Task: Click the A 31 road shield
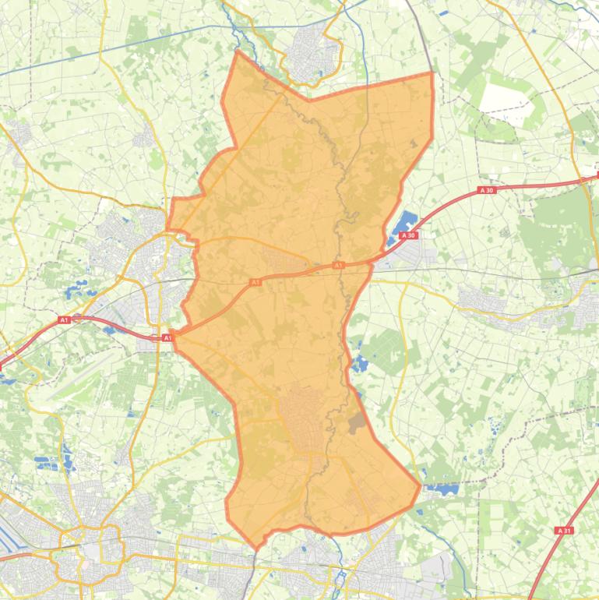pyautogui.click(x=565, y=530)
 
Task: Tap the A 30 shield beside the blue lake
pyautogui.click(x=408, y=235)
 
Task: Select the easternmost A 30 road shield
pyautogui.click(x=487, y=190)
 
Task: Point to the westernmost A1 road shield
pyautogui.click(x=64, y=319)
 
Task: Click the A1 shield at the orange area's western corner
pyautogui.click(x=167, y=337)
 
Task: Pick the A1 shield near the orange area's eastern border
pyautogui.click(x=339, y=266)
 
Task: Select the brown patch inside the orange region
pyautogui.click(x=357, y=423)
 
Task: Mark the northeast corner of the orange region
pyautogui.click(x=432, y=73)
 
